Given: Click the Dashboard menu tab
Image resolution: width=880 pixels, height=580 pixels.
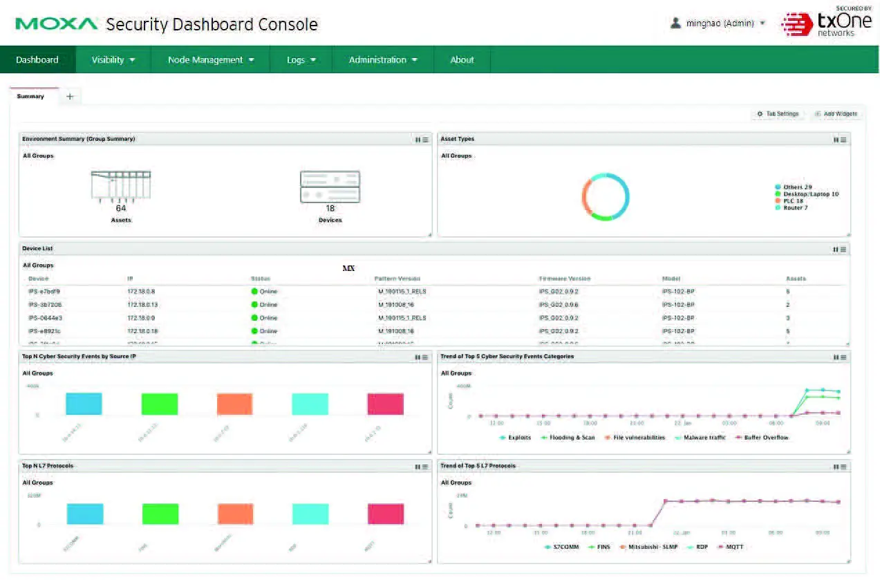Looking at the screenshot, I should [x=37, y=59].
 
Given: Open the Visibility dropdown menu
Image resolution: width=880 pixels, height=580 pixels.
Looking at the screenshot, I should [x=113, y=59].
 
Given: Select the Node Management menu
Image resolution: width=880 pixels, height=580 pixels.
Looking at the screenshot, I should [x=211, y=59].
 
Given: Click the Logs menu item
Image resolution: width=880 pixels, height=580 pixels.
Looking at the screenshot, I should [x=301, y=59].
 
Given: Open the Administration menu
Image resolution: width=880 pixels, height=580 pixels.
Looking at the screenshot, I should [x=383, y=59].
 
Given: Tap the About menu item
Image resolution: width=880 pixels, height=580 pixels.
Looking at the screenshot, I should [x=462, y=59].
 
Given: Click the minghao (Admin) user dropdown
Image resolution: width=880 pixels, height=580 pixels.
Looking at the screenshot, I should [x=718, y=24].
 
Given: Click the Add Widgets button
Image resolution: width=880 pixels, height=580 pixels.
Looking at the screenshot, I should [x=836, y=114].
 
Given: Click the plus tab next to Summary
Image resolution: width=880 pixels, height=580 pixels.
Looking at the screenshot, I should [x=70, y=97].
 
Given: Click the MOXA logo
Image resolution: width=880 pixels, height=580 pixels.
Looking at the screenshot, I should [x=57, y=24].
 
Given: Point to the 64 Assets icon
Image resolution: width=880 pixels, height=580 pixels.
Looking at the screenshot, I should [x=121, y=187].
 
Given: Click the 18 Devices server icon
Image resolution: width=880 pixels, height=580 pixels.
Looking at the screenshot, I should [x=330, y=187].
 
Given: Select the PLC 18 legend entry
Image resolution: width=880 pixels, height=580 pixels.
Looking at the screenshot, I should [x=793, y=200].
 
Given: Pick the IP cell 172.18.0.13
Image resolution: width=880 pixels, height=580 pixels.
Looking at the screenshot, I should [x=142, y=305].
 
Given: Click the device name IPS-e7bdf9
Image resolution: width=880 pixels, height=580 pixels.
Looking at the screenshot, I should [x=44, y=292].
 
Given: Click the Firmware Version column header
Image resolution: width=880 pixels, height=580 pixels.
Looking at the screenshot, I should [x=565, y=279].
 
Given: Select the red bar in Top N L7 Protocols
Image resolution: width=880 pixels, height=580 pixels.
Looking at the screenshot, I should [x=385, y=514].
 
